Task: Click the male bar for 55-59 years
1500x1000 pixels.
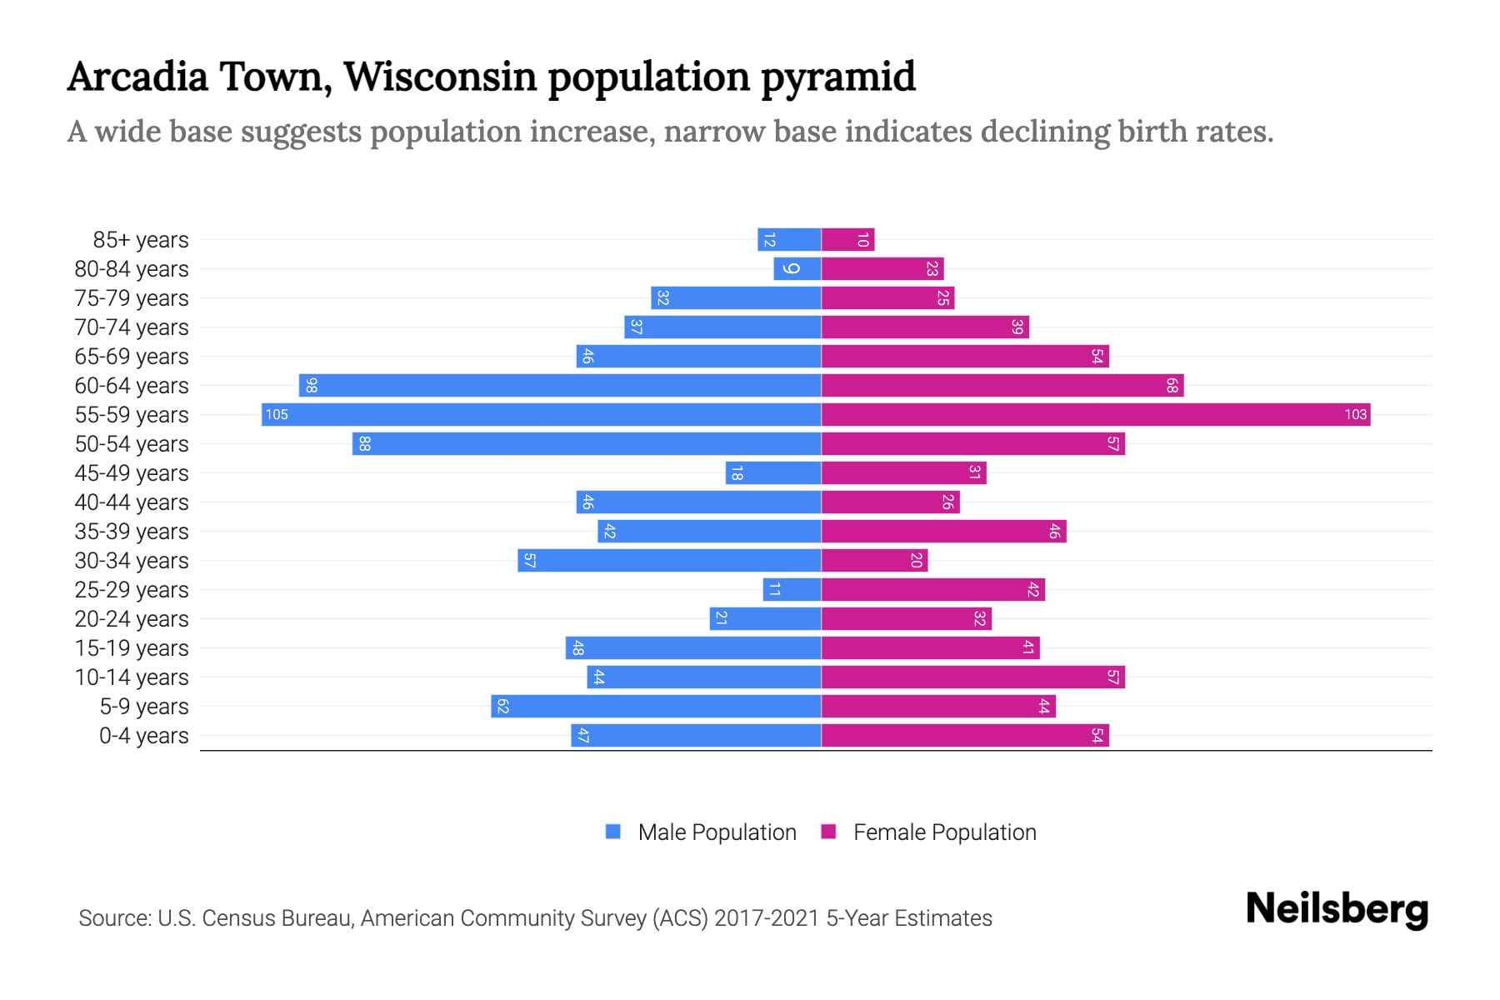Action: (542, 414)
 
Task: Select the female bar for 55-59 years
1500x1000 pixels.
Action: (1096, 414)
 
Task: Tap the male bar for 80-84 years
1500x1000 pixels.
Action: (797, 268)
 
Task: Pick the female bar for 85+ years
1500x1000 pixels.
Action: (847, 240)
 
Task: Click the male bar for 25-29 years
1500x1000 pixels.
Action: (792, 589)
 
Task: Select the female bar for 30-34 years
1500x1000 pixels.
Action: (874, 560)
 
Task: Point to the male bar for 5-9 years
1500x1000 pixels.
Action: (656, 706)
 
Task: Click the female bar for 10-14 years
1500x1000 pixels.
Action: (972, 677)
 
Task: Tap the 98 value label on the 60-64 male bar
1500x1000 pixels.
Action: (311, 385)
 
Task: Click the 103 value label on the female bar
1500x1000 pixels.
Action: (1355, 414)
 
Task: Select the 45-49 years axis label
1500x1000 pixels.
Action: (132, 473)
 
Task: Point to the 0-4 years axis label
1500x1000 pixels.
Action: (143, 736)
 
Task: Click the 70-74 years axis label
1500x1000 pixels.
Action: (132, 327)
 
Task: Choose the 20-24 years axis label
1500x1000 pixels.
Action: (132, 619)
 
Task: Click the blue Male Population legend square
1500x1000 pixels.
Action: (613, 832)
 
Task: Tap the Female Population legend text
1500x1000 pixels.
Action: (944, 832)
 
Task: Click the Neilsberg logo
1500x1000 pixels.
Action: (1337, 909)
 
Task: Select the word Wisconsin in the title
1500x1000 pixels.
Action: (440, 77)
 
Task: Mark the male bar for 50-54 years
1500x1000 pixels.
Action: (587, 443)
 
